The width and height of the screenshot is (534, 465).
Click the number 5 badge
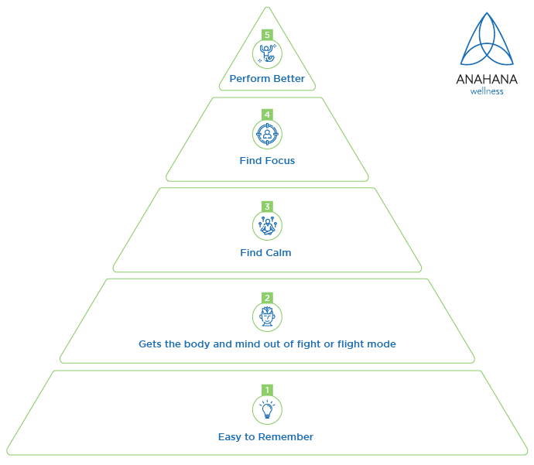click(267, 35)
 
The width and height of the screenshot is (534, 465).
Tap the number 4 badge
click(267, 115)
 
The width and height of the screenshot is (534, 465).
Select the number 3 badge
click(267, 207)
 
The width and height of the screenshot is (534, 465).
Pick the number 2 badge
click(267, 298)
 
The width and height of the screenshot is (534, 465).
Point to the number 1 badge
click(267, 389)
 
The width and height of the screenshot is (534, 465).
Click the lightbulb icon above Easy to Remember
click(267, 409)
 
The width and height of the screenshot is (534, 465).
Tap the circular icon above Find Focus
click(267, 134)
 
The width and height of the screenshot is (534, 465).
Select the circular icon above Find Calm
click(267, 226)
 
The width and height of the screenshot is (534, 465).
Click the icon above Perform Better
click(267, 53)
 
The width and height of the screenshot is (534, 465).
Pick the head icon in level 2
click(267, 316)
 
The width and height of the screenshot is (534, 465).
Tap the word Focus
click(279, 161)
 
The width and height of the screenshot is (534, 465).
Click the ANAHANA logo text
click(486, 80)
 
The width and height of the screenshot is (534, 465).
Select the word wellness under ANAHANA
click(487, 91)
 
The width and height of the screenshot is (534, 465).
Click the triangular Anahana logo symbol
click(486, 43)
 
